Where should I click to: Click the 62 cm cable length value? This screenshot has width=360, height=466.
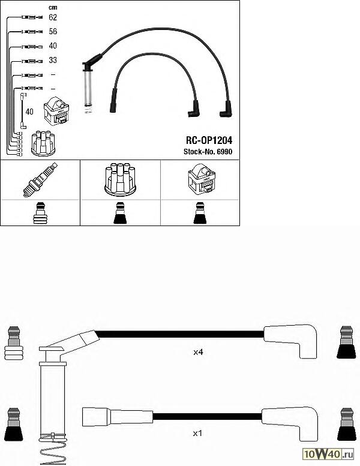click(53, 17)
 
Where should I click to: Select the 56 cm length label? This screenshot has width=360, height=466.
click(53, 32)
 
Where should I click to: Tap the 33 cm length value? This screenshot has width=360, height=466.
click(53, 60)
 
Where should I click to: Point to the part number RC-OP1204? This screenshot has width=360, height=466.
click(209, 140)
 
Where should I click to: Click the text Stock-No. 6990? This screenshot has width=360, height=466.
click(208, 152)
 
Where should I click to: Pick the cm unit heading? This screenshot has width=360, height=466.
click(53, 7)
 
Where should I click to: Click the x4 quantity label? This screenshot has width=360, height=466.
click(198, 352)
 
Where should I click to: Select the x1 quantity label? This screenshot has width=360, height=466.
click(197, 433)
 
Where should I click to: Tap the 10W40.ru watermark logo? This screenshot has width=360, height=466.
click(328, 454)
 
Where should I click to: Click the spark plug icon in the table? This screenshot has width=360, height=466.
click(40, 179)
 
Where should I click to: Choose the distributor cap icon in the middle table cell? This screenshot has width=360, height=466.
click(120, 179)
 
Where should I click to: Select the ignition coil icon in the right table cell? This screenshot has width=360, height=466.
click(201, 178)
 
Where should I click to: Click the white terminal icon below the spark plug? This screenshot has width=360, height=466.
click(40, 213)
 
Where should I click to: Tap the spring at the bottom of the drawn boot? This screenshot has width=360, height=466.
click(53, 450)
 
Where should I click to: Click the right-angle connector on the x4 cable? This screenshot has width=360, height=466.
click(291, 341)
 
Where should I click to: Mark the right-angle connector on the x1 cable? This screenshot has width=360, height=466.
click(290, 423)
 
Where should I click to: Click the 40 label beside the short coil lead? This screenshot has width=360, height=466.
click(29, 112)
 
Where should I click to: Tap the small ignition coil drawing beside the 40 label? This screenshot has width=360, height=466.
click(56, 111)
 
